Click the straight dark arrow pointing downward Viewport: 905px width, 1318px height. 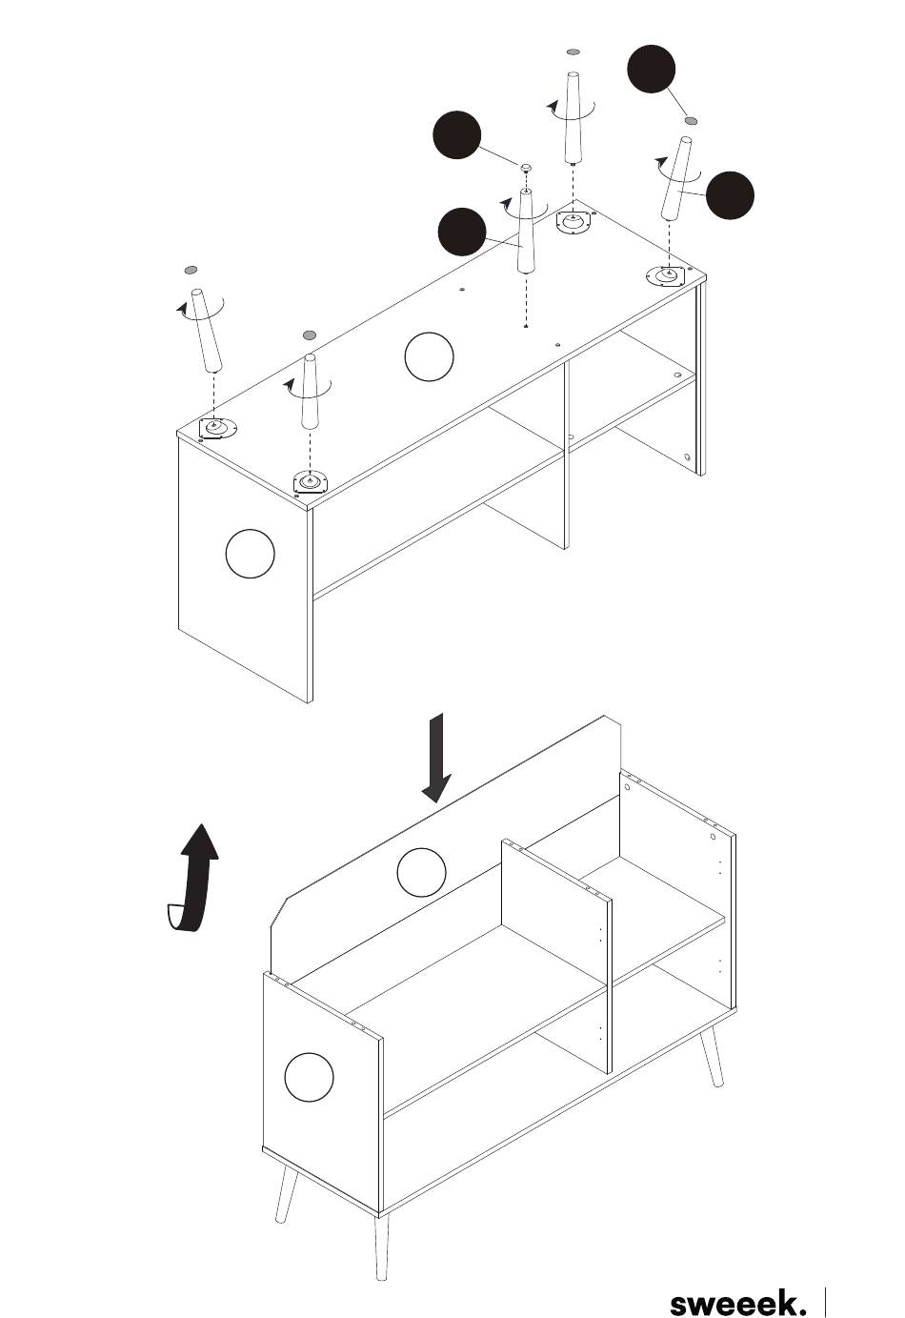click(x=437, y=758)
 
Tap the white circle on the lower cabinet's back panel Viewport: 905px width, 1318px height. click(x=421, y=872)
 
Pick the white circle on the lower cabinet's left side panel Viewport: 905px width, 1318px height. click(x=309, y=1077)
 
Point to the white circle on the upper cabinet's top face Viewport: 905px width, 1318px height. click(x=429, y=356)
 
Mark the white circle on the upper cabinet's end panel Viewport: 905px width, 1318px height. click(x=251, y=553)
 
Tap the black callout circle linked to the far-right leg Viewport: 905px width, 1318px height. click(x=731, y=195)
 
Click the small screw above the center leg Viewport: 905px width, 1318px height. click(x=525, y=169)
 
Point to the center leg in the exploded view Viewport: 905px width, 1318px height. click(x=525, y=233)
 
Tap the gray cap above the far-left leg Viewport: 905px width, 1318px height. click(x=191, y=271)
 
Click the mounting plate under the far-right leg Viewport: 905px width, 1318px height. click(x=665, y=277)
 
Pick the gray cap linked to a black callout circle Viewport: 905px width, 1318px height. click(x=692, y=121)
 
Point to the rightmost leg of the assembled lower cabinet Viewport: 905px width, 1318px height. click(x=712, y=1058)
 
